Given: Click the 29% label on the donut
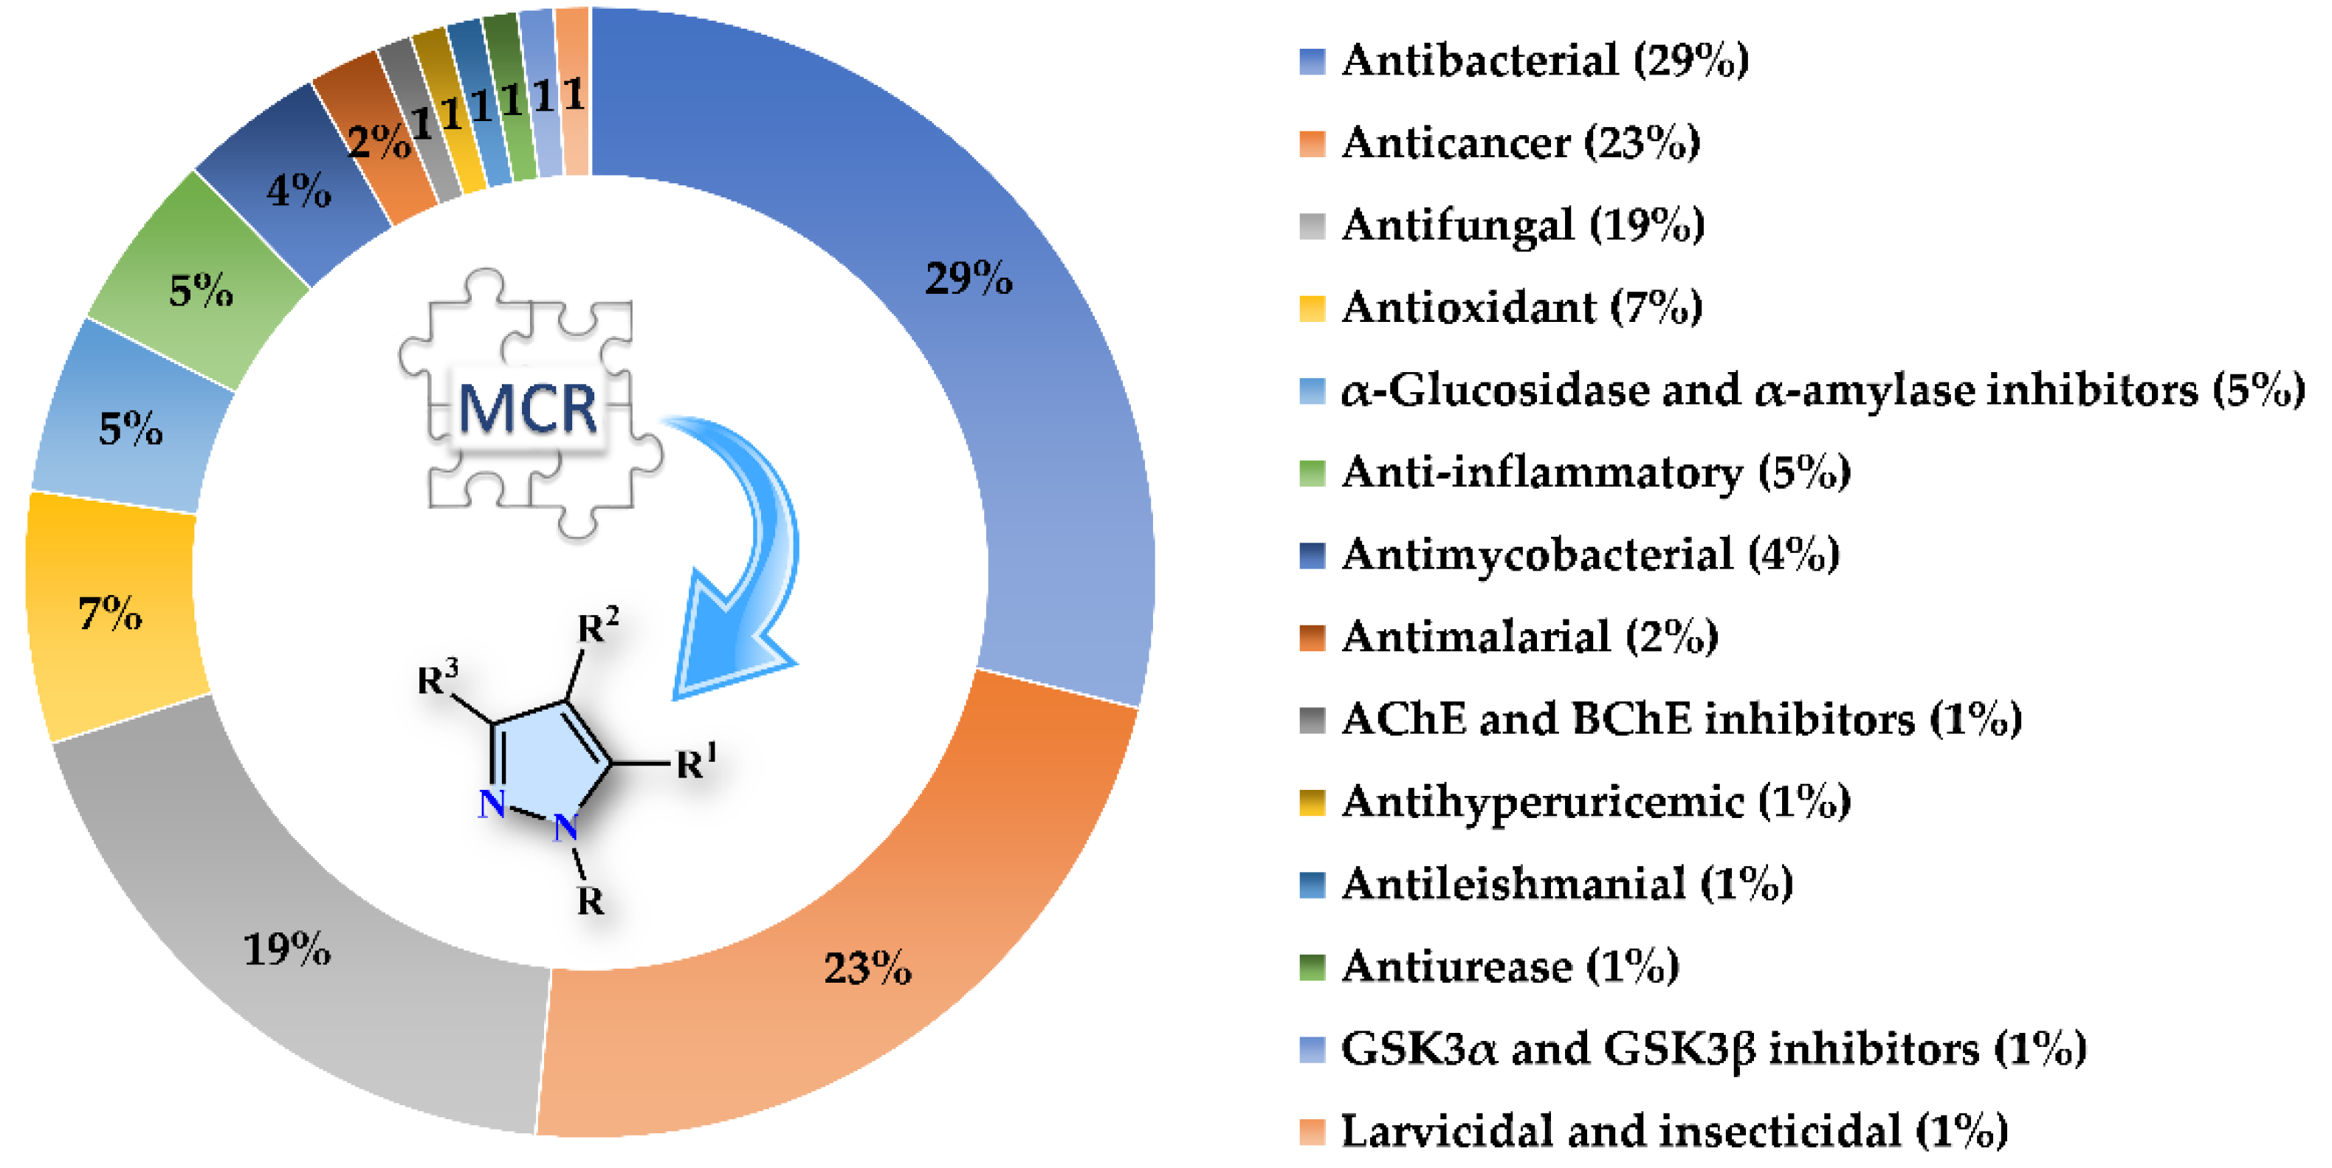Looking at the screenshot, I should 968,278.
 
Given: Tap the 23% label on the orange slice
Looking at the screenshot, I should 867,968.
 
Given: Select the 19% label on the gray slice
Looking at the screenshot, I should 287,949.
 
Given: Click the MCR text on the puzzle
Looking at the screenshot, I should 528,409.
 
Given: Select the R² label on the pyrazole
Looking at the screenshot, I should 597,625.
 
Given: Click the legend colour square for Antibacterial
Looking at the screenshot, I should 1312,61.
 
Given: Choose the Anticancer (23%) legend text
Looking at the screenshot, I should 1521,143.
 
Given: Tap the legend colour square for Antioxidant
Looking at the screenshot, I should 1312,309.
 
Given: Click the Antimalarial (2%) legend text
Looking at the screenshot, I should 1530,636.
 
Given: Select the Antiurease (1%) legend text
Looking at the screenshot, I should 1510,966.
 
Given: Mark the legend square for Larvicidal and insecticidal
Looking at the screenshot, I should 1312,1131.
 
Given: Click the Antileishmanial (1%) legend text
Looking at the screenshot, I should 1567,884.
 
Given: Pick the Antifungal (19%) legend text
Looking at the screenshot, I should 1524,225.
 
